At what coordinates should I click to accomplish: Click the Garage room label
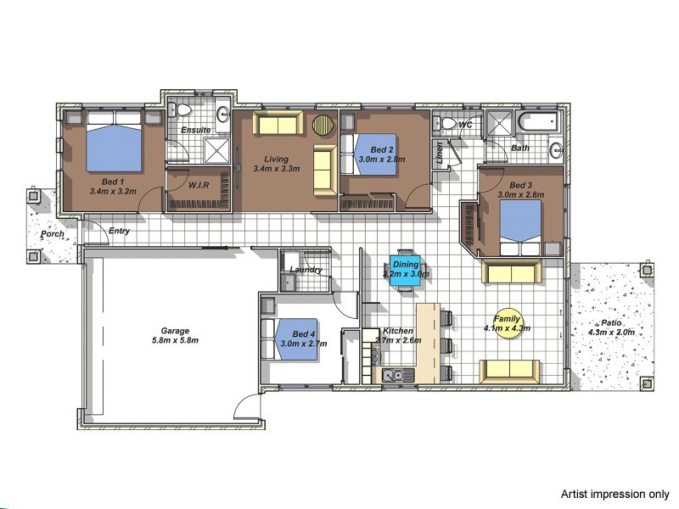176,331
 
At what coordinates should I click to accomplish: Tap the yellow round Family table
507,322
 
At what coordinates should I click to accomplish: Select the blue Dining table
405,269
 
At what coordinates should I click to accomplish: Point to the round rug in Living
323,126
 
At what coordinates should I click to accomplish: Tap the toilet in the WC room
447,124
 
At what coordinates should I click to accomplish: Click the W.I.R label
199,184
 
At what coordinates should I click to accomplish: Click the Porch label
53,234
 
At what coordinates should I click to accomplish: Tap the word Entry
120,231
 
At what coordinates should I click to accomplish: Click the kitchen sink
392,374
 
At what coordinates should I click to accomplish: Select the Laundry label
306,270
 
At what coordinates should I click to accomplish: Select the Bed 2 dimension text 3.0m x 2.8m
381,159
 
